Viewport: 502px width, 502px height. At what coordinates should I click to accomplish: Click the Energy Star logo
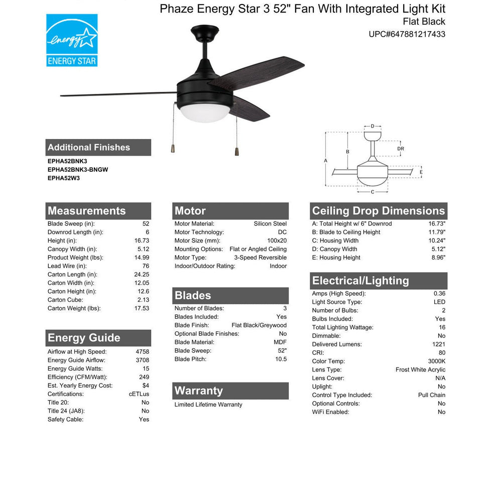click(x=72, y=40)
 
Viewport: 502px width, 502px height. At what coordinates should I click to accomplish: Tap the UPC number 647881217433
click(x=407, y=35)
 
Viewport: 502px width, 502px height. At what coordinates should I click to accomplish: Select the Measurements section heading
click(x=87, y=211)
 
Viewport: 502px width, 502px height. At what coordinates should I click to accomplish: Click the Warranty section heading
click(x=198, y=391)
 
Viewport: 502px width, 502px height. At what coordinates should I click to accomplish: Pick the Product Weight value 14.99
click(x=142, y=258)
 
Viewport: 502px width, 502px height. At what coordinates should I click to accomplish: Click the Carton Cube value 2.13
click(x=143, y=300)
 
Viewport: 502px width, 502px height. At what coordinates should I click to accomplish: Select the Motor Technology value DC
click(x=282, y=232)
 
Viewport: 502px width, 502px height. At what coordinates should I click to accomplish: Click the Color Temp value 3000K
click(x=435, y=361)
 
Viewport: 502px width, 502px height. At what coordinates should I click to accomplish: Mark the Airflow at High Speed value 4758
click(x=142, y=352)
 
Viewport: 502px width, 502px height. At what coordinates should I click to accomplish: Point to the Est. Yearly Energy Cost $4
click(x=145, y=386)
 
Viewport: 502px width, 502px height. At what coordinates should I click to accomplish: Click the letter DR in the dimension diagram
click(x=400, y=149)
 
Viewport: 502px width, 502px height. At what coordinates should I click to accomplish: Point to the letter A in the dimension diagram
click(x=325, y=161)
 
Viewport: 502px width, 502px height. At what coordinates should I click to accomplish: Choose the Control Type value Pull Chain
click(x=432, y=395)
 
